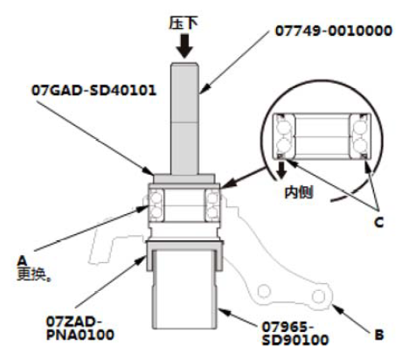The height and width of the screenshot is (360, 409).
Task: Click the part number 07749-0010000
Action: [x=334, y=31]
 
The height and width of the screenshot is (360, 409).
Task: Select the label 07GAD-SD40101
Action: [x=94, y=90]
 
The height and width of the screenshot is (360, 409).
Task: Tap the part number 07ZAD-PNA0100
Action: [x=80, y=329]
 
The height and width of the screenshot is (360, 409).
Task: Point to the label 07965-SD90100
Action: [x=295, y=333]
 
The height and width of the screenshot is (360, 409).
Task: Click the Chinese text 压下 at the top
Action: [x=184, y=23]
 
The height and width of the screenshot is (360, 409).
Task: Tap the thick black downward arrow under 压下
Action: [x=184, y=46]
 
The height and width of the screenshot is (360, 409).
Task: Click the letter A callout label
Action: [x=22, y=260]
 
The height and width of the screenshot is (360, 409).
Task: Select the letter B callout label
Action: [x=379, y=335]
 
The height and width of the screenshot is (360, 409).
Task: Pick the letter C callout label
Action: [x=378, y=223]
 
